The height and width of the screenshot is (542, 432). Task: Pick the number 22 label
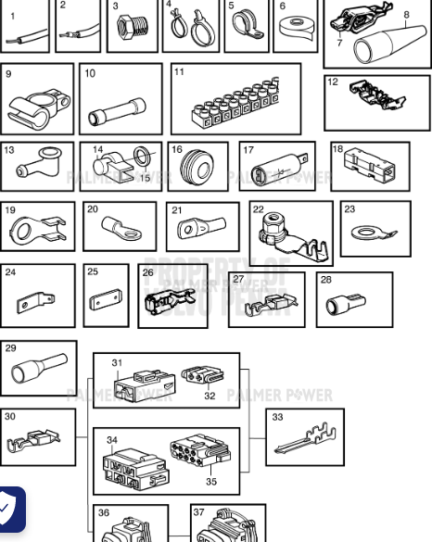pyautogui.click(x=258, y=210)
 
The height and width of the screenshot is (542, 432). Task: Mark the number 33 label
pyautogui.click(x=277, y=417)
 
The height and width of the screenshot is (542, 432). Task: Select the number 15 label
pyautogui.click(x=146, y=178)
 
